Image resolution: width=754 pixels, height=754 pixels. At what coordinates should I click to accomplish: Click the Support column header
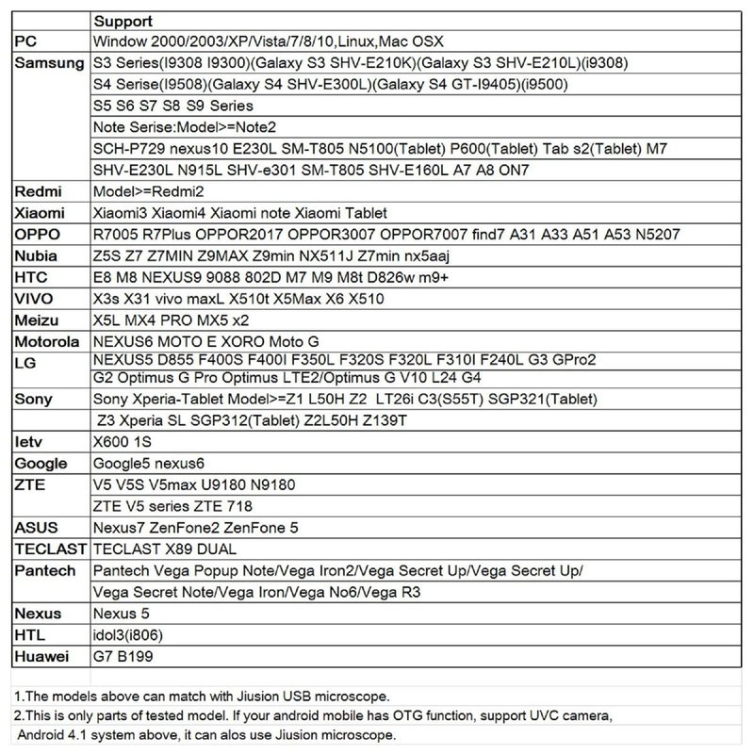coord(123,22)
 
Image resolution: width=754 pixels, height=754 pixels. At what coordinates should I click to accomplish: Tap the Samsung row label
coord(50,64)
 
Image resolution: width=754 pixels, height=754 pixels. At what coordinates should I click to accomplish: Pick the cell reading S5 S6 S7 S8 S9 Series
coord(173,107)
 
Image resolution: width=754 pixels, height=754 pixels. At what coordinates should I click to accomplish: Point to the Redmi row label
coord(37,191)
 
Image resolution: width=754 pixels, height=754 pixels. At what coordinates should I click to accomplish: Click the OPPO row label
coord(37,235)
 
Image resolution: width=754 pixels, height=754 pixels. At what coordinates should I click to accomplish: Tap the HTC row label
coord(33,277)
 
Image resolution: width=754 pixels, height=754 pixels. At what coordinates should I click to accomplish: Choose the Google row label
coord(41,463)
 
